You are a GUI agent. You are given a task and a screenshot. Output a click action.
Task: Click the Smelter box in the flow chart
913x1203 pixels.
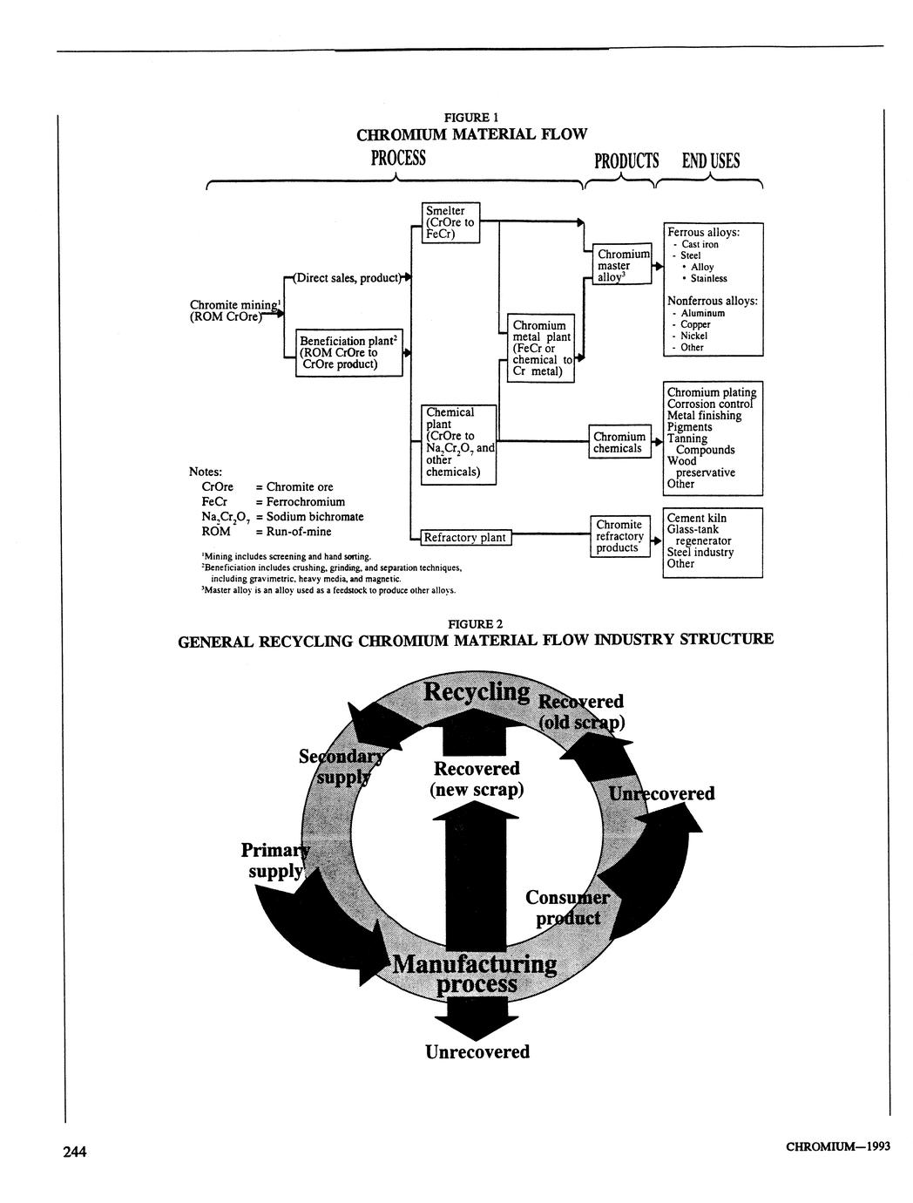coord(450,222)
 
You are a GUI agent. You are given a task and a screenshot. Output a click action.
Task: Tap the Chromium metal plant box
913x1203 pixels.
coord(542,348)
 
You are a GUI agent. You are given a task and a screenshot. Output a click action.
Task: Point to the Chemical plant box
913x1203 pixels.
coord(458,444)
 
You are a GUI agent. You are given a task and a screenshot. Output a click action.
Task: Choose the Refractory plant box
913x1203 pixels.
coord(463,538)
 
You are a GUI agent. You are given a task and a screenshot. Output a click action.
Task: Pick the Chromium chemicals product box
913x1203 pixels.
coord(619,443)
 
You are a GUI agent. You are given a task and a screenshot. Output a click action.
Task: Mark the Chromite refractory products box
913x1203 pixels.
coord(619,536)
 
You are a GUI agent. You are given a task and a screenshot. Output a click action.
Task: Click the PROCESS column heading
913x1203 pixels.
coord(398,159)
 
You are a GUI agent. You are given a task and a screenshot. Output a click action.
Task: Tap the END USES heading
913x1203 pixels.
coord(710,160)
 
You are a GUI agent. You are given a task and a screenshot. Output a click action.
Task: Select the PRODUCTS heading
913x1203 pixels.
coord(626,160)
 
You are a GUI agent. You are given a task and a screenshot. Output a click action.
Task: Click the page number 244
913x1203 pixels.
coord(74,1152)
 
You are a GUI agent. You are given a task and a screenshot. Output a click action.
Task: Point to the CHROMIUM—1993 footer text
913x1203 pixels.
coord(837,1146)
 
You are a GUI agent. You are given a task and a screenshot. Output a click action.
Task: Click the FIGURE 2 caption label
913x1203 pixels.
coord(475,624)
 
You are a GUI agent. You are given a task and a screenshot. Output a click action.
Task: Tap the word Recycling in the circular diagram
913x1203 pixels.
coord(477,692)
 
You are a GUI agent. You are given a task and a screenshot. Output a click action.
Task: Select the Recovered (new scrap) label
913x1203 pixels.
coord(477,779)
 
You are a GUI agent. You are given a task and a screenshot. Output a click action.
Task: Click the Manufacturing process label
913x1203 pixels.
coord(475,974)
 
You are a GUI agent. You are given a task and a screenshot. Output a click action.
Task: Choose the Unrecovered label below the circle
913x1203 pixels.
coord(477,1052)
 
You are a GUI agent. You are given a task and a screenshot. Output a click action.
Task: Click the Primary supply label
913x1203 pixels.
coord(274,860)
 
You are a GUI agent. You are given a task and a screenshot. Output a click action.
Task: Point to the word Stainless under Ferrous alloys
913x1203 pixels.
coord(708,279)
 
